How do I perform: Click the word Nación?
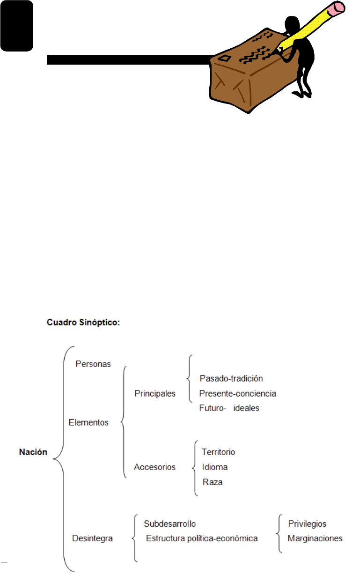point(33,452)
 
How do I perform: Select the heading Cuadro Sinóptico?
point(83,323)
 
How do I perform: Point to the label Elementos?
point(88,422)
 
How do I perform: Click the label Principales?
point(155,393)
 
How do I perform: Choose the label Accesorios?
point(154,467)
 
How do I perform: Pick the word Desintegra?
point(93,538)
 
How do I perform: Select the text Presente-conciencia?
point(237,393)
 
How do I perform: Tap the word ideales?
point(248,408)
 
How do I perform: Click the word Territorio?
point(218,452)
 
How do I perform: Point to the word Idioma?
point(215,467)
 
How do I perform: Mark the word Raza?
point(213,481)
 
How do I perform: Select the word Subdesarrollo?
point(169,524)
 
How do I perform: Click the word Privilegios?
point(307,524)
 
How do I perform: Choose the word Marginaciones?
point(315,538)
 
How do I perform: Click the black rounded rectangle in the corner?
point(16,25)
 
